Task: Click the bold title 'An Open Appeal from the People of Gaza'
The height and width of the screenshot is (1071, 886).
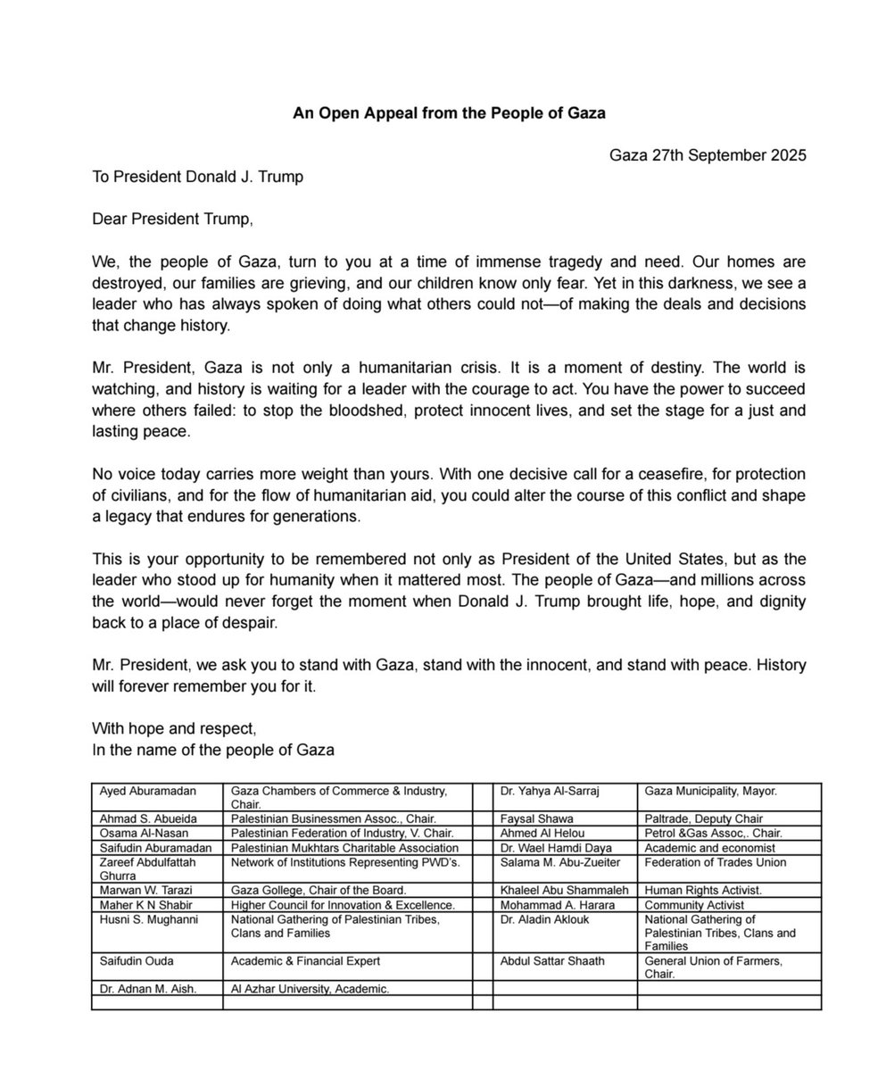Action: tap(449, 113)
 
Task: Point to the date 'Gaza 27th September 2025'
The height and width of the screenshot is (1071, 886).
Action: tap(708, 155)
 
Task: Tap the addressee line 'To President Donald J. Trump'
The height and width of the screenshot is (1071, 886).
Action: tap(197, 177)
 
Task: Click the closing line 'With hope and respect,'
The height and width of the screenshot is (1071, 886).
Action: tap(174, 728)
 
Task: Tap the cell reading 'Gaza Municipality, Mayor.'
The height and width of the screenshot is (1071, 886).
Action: tap(711, 791)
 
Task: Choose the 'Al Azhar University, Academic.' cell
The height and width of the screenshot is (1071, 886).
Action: tap(311, 989)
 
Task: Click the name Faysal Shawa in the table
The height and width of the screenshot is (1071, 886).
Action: tap(537, 818)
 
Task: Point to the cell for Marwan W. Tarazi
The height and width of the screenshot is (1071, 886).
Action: tap(144, 890)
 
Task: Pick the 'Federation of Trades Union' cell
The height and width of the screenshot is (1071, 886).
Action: tap(716, 862)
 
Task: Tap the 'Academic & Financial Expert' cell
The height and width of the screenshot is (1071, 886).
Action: tap(306, 961)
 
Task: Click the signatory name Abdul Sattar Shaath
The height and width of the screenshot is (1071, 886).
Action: tap(552, 961)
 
